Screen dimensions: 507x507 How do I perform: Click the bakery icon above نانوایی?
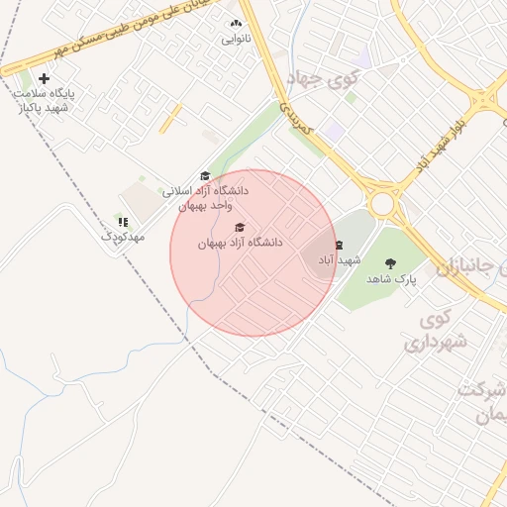pyautogui.click(x=236, y=24)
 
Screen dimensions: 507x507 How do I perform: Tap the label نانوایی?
pyautogui.click(x=236, y=40)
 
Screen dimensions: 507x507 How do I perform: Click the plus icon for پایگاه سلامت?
pyautogui.click(x=44, y=78)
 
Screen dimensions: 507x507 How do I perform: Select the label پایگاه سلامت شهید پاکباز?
pyautogui.click(x=44, y=100)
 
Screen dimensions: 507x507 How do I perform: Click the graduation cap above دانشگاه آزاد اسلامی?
pyautogui.click(x=205, y=175)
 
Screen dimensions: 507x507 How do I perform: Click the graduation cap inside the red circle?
pyautogui.click(x=240, y=228)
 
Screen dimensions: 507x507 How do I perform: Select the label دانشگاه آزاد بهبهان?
pyautogui.click(x=240, y=243)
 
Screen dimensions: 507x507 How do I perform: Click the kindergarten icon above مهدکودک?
pyautogui.click(x=124, y=222)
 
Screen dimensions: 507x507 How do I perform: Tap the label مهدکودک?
pyautogui.click(x=124, y=238)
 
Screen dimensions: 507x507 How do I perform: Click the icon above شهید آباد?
pyautogui.click(x=339, y=244)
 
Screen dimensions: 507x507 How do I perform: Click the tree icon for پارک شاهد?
pyautogui.click(x=390, y=263)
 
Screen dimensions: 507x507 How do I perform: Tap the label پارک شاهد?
pyautogui.click(x=392, y=280)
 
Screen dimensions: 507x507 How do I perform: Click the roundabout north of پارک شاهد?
pyautogui.click(x=381, y=203)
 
